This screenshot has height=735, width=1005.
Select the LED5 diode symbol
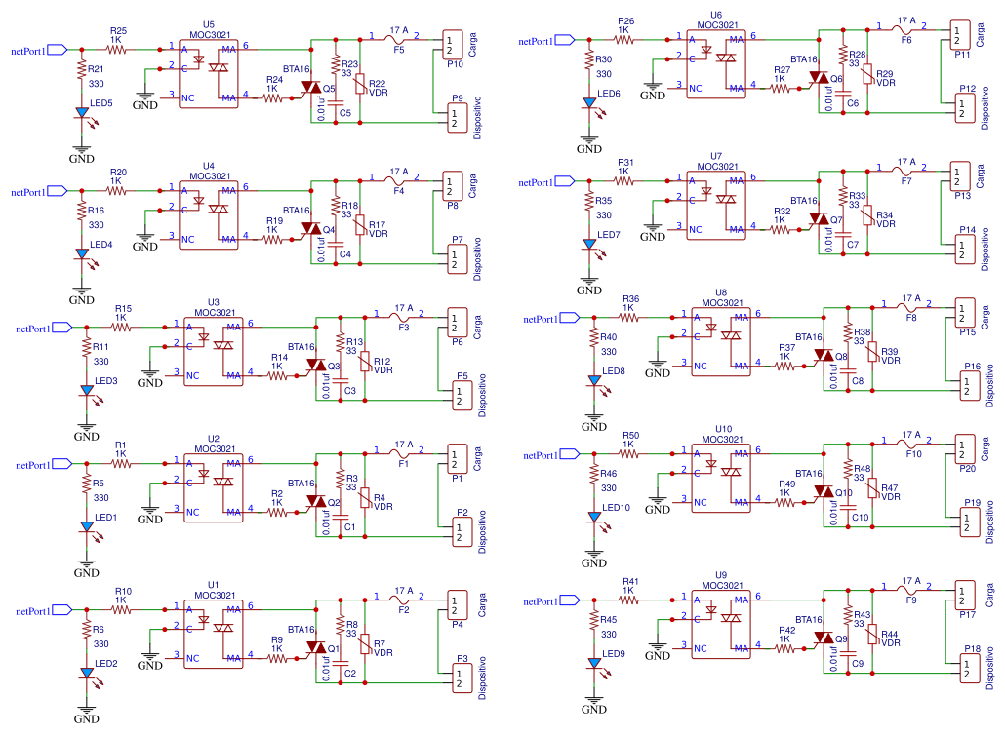(82, 113)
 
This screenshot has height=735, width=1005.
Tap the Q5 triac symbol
(310, 88)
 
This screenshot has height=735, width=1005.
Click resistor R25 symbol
(117, 48)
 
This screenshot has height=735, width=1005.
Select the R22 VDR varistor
(360, 86)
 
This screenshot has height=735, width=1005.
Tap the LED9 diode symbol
(593, 664)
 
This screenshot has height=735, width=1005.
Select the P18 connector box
(967, 668)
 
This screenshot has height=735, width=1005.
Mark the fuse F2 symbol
(399, 600)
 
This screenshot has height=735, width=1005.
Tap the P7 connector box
(456, 258)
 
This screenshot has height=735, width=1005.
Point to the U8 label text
(721, 292)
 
